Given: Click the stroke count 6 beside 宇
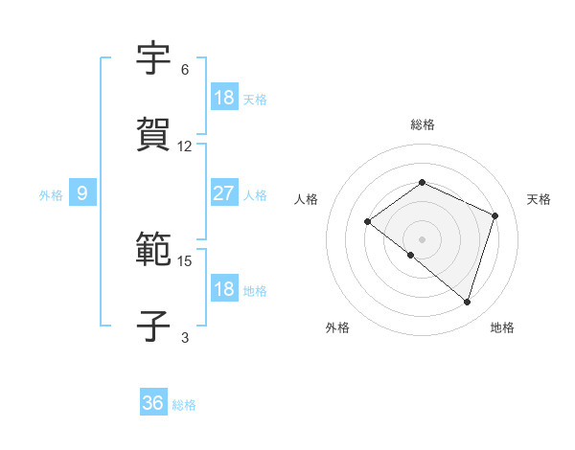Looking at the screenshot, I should tap(185, 70).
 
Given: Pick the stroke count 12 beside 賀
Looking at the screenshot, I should tap(185, 146).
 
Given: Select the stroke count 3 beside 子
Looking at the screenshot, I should tap(185, 337).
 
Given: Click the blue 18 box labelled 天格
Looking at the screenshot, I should tap(223, 97).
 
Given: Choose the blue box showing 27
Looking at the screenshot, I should tap(223, 193).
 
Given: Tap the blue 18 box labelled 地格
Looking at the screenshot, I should tap(223, 289).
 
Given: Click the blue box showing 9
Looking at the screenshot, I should tap(82, 193).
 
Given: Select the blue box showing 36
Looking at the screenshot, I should tap(153, 403).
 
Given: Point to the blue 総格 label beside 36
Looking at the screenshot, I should tap(184, 405).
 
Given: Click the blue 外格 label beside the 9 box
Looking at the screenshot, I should tap(51, 195).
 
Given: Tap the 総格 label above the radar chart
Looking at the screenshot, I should tap(422, 124).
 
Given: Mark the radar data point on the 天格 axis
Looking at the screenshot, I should tap(495, 215).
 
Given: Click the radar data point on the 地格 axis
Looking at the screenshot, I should tap(467, 302).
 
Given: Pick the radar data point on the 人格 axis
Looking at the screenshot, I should tap(367, 221).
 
